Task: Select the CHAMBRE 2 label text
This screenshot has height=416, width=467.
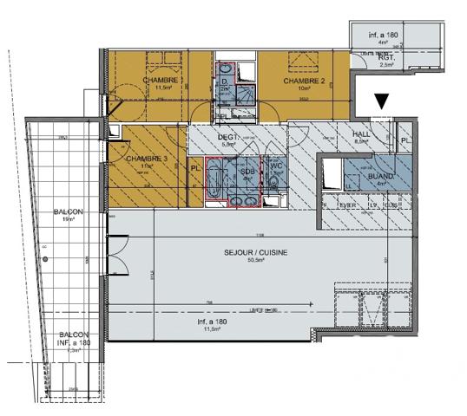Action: (304, 81)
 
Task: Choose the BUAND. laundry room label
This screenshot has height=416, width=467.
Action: (381, 176)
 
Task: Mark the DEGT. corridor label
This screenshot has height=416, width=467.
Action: (228, 137)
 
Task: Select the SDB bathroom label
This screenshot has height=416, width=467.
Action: (246, 170)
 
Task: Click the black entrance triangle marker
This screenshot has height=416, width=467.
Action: (381, 102)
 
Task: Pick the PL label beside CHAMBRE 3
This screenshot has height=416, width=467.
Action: (195, 167)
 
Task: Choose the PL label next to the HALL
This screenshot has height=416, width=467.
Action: (405, 140)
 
